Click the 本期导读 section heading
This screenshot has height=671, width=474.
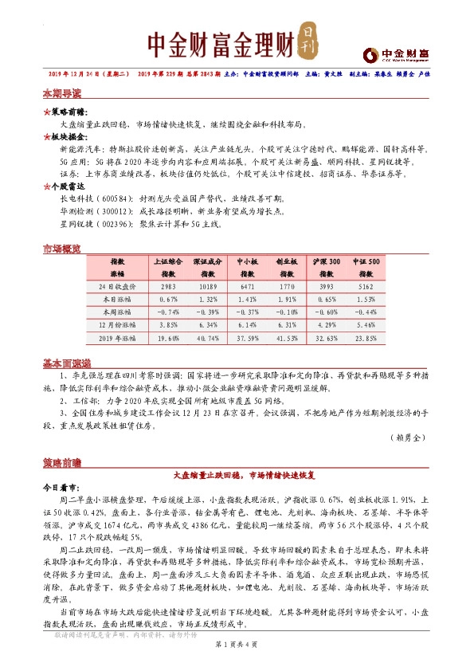pyautogui.click(x=62, y=93)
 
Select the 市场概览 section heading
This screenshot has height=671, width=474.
pyautogui.click(x=62, y=249)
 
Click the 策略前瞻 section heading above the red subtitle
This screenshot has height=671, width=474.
pyautogui.click(x=62, y=461)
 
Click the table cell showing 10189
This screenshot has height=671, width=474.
pyautogui.click(x=207, y=284)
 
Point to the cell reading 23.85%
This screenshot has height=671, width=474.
pyautogui.click(x=366, y=337)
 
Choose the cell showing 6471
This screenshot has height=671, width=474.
pyautogui.click(x=247, y=284)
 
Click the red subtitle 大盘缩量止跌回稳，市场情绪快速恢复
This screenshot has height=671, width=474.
pyautogui.click(x=237, y=474)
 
